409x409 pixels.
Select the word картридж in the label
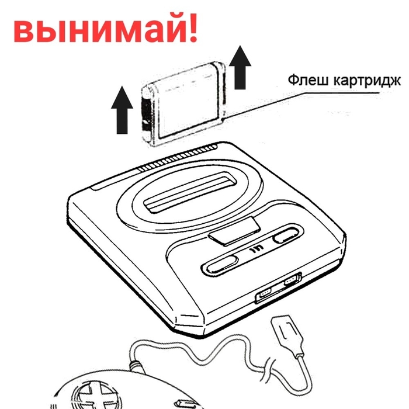[363, 81]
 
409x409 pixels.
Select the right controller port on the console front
[290, 283]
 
